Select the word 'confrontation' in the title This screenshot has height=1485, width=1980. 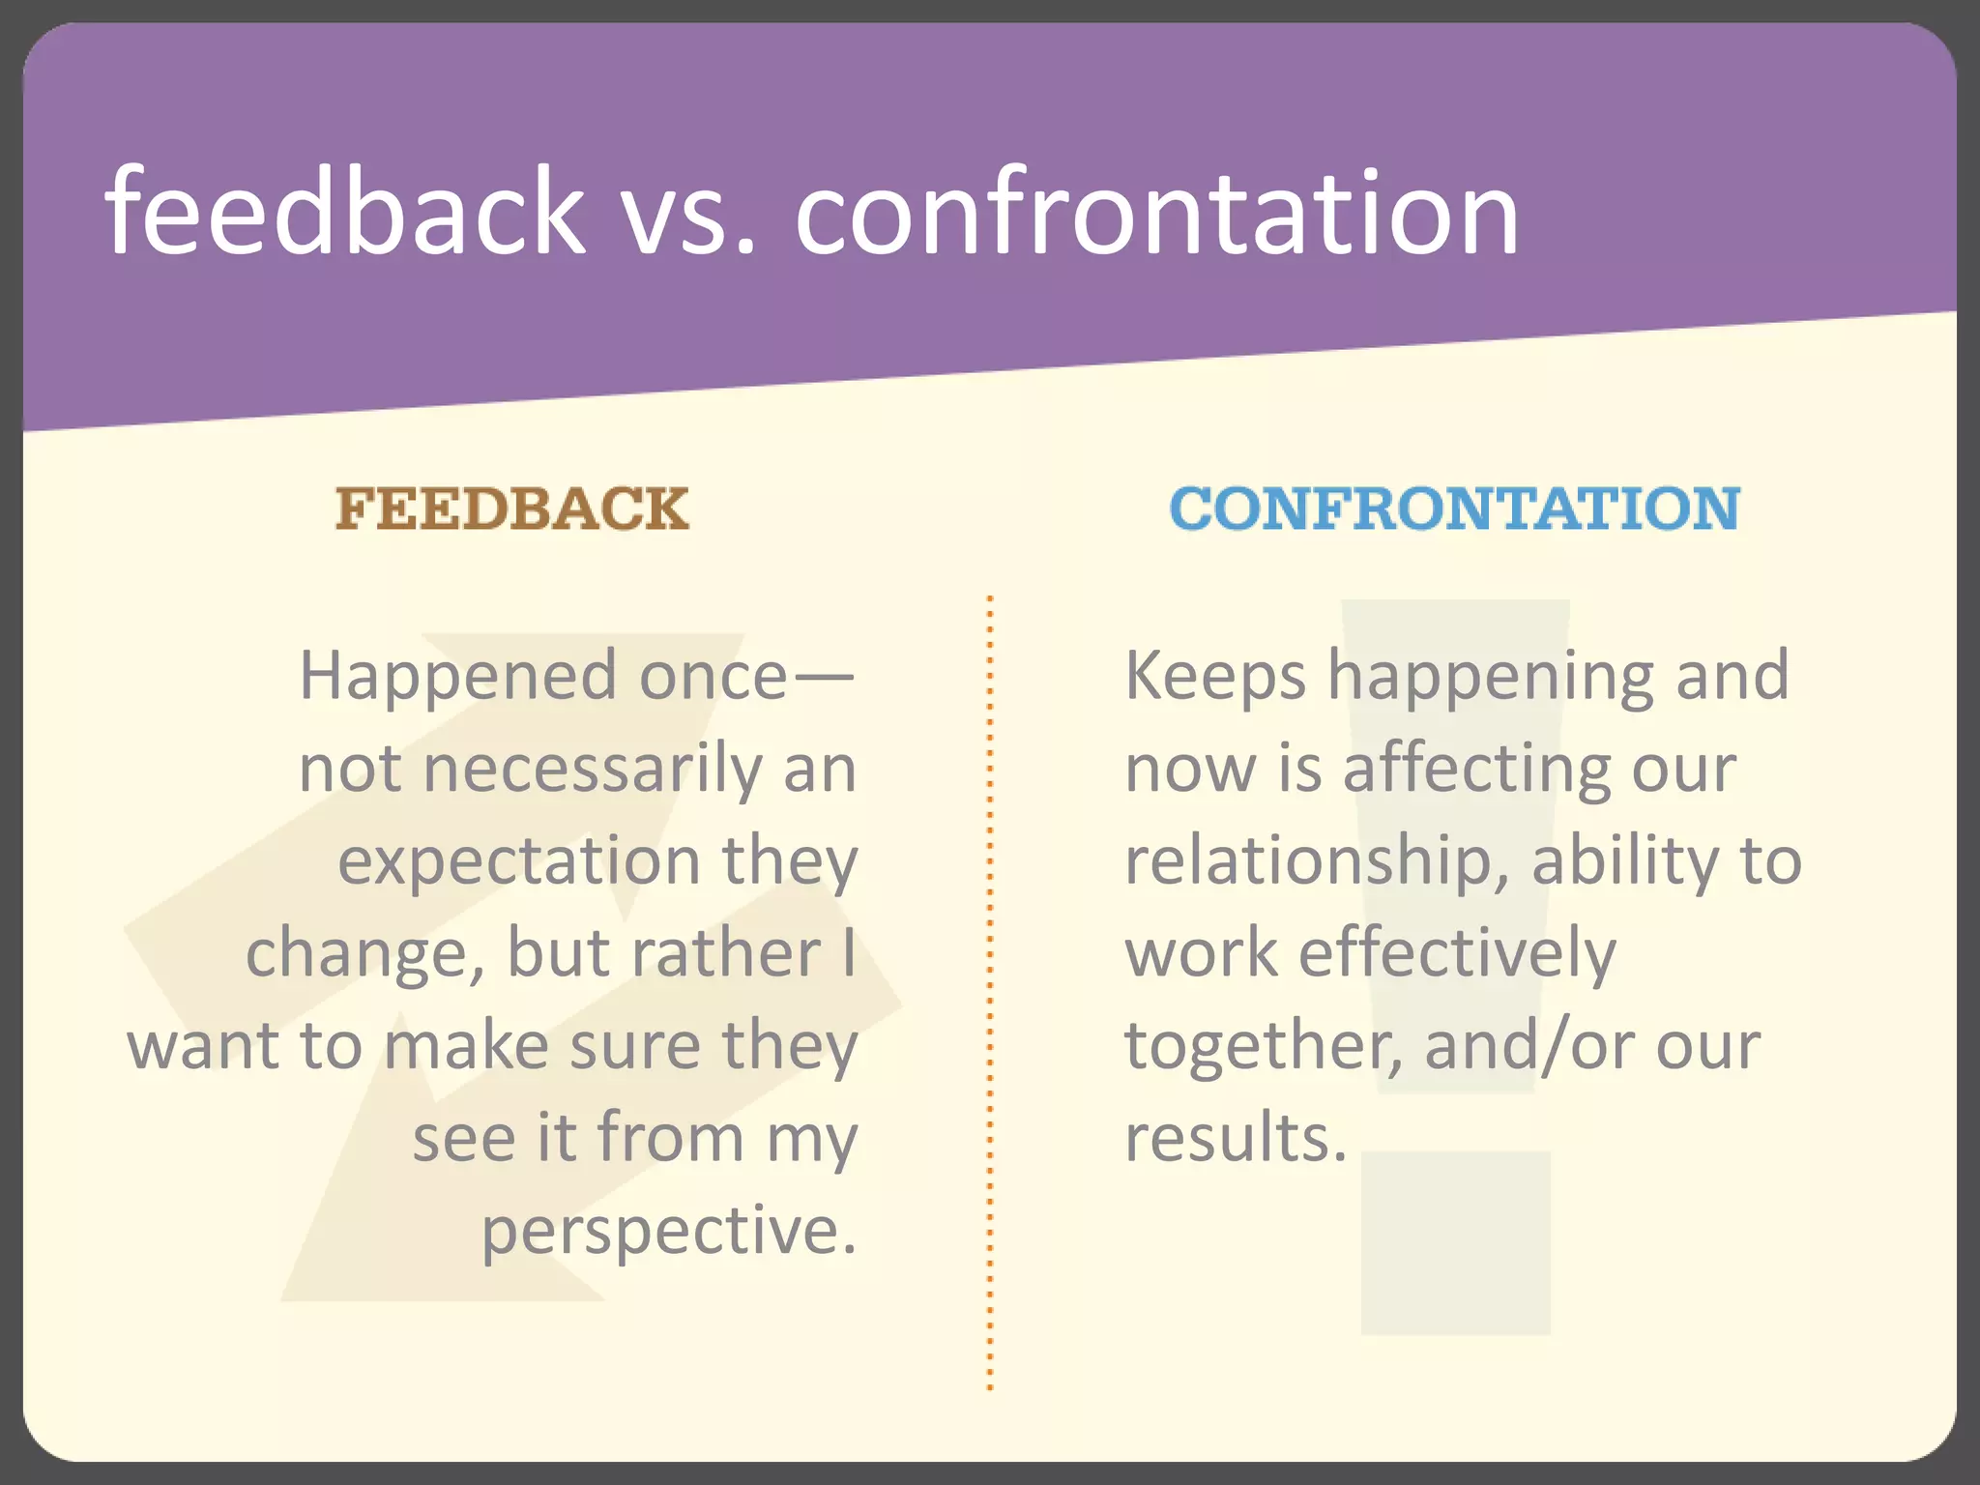(1156, 213)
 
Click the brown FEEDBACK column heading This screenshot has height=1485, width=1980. (511, 509)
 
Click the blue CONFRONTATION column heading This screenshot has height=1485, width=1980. (1454, 509)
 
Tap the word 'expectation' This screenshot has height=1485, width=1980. (518, 862)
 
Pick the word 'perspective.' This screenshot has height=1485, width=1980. (669, 1232)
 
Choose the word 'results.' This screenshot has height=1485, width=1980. (1236, 1139)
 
